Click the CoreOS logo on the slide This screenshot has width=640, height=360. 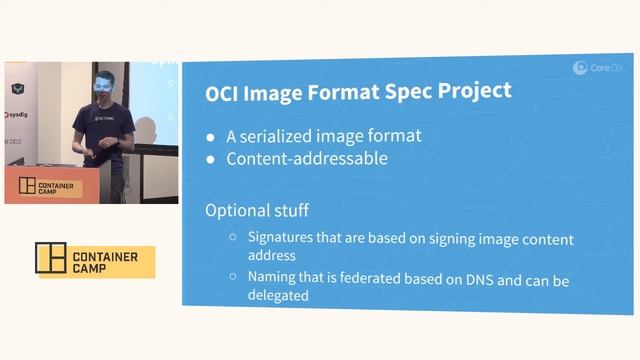[x=598, y=67]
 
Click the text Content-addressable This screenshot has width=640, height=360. [x=292, y=158]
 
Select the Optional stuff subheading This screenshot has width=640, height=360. [x=256, y=211]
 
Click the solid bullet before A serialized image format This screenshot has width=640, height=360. [x=210, y=138]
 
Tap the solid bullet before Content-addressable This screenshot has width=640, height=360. [x=210, y=160]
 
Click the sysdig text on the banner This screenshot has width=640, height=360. [x=16, y=115]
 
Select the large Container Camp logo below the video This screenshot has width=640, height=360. [x=96, y=261]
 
